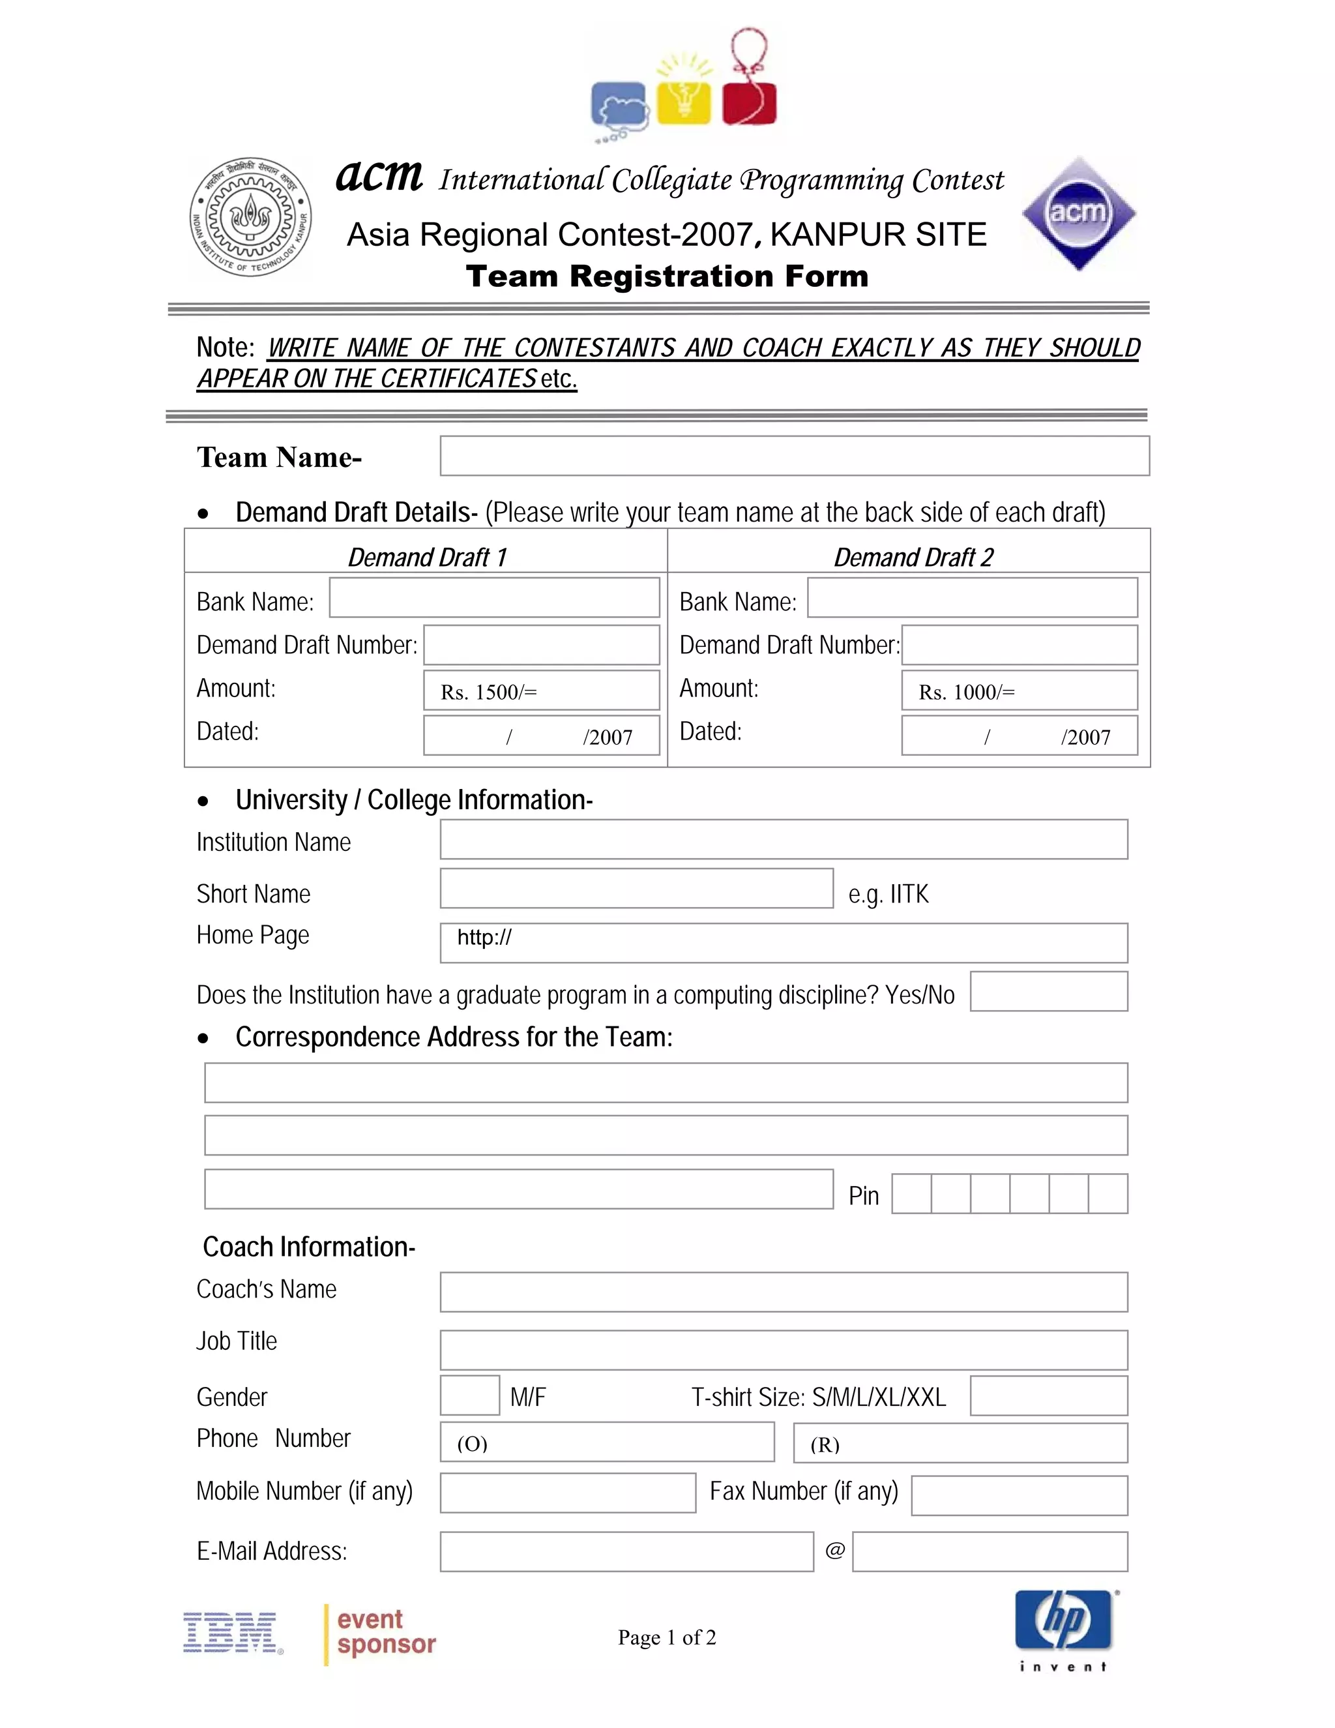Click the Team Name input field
click(x=794, y=456)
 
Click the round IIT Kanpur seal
click(x=251, y=216)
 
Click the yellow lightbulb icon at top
click(x=684, y=99)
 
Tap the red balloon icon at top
click(x=749, y=99)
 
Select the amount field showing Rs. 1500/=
click(x=541, y=691)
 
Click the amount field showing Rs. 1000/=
click(x=1019, y=691)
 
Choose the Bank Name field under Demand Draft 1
click(x=494, y=598)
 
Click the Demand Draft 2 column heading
click(x=913, y=557)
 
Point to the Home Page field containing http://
click(x=783, y=942)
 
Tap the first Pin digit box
click(x=912, y=1194)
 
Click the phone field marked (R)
click(x=960, y=1442)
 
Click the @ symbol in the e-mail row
click(x=834, y=1550)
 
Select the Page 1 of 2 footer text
click(x=667, y=1637)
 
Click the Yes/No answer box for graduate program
click(x=1048, y=991)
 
